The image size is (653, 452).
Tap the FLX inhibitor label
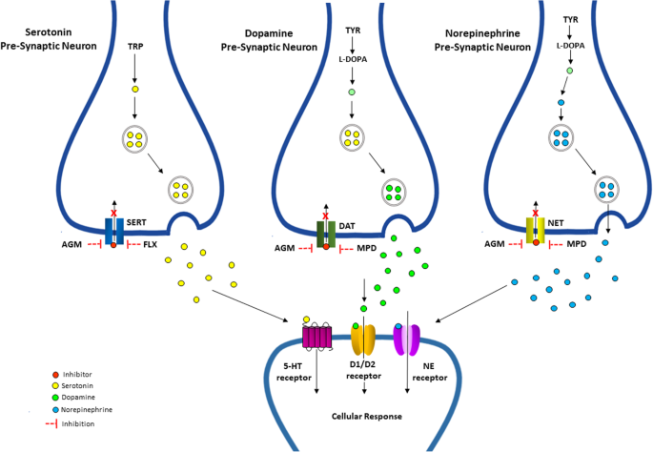[x=150, y=245]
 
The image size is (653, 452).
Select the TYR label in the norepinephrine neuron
[x=570, y=18]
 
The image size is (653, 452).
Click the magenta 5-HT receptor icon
[x=316, y=335]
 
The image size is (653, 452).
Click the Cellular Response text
[x=367, y=417]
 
